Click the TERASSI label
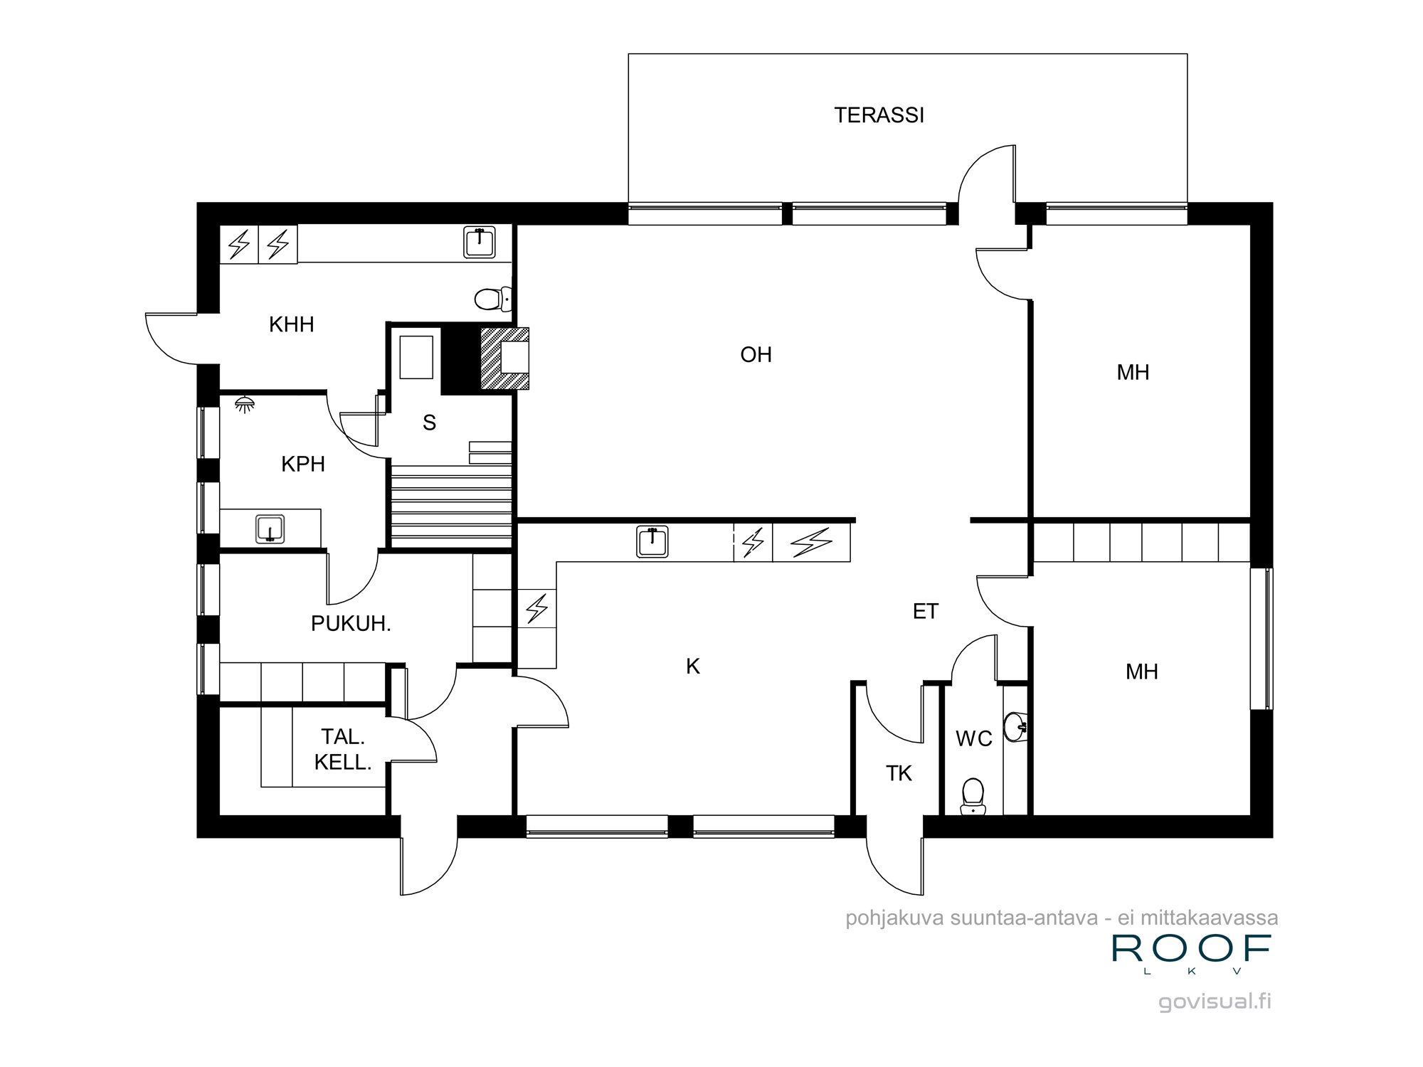point(879,115)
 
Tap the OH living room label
point(756,354)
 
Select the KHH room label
point(291,324)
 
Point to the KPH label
point(303,464)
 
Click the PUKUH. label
point(351,624)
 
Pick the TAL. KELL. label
point(343,749)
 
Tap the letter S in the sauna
point(429,423)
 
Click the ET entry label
point(925,611)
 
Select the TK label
point(899,773)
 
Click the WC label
point(973,738)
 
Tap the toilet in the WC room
point(973,796)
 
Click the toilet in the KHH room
point(492,299)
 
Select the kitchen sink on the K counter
point(652,542)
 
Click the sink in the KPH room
point(270,529)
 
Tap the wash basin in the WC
point(1015,726)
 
